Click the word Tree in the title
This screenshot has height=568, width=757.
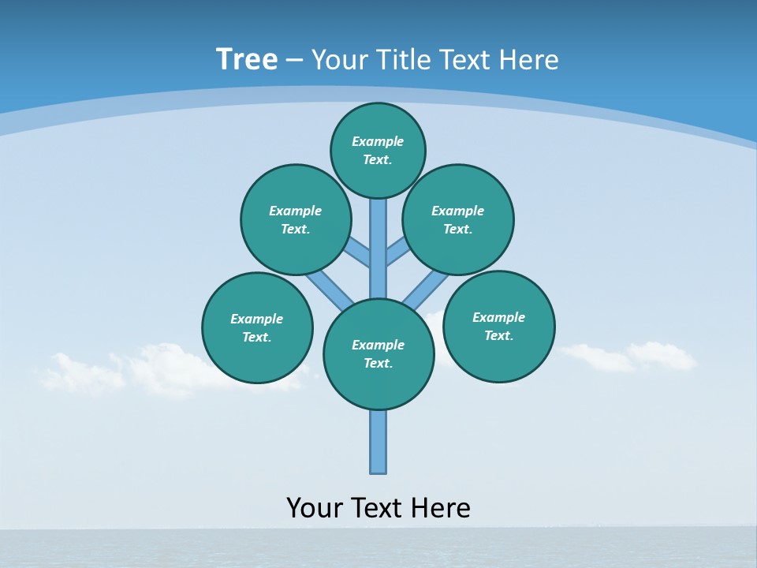coord(247,59)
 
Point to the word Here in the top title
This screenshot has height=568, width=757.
coord(531,60)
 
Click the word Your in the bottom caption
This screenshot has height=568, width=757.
coord(315,508)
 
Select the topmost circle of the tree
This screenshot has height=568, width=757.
coord(378,150)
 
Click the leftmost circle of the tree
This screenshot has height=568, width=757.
coord(257,327)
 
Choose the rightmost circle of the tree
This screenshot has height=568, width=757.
coord(499,326)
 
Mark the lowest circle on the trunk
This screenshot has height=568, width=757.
coord(378,353)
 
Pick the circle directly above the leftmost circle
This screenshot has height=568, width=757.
coord(296,219)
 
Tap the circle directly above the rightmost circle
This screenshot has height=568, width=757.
coord(458,219)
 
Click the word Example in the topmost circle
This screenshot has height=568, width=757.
coord(378,141)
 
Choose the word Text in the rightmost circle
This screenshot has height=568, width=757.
coord(498,335)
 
